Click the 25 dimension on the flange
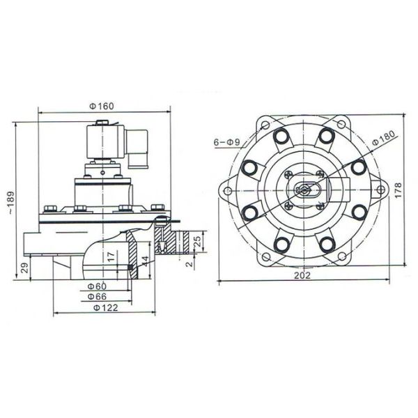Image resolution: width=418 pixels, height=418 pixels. click(198, 242)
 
